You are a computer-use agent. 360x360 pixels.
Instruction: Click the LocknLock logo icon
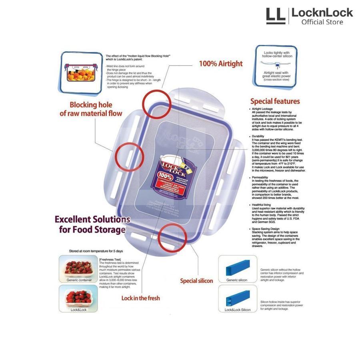pyautogui.click(x=276, y=16)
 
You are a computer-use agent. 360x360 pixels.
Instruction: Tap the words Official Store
pyautogui.click(x=322, y=22)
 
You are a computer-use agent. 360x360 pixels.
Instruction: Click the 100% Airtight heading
pyautogui.click(x=221, y=64)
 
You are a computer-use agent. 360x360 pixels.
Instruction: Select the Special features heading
pyautogui.click(x=275, y=101)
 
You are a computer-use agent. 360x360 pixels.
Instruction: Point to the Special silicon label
pyautogui.click(x=196, y=281)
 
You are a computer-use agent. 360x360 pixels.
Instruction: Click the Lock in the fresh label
pyautogui.click(x=140, y=298)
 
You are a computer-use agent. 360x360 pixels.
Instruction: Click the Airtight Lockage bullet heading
pyautogui.click(x=262, y=109)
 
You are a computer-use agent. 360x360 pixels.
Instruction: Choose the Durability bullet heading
pyautogui.click(x=258, y=136)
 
